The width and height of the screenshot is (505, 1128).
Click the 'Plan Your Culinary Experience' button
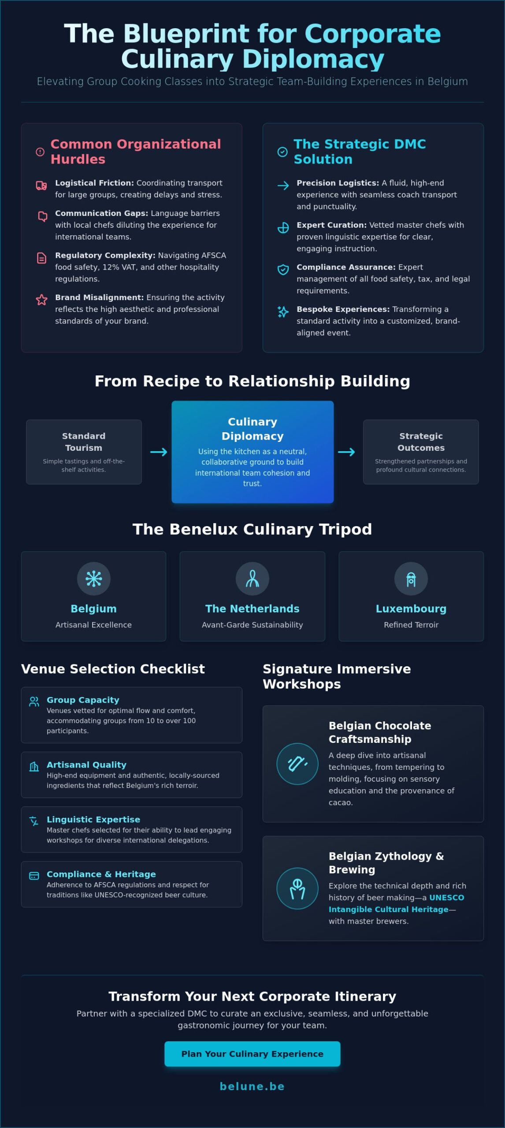pyautogui.click(x=252, y=1054)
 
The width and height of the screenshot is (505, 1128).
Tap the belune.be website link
pyautogui.click(x=252, y=1086)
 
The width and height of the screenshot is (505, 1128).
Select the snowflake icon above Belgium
pyautogui.click(x=94, y=579)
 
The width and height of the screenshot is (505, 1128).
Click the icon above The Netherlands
pyautogui.click(x=252, y=579)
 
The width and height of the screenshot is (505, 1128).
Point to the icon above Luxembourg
pyautogui.click(x=411, y=579)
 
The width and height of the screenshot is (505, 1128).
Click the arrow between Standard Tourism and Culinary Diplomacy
pyautogui.click(x=159, y=452)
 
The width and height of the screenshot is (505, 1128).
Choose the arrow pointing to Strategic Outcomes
pyautogui.click(x=346, y=452)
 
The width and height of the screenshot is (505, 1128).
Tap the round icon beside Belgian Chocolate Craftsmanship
pyautogui.click(x=297, y=764)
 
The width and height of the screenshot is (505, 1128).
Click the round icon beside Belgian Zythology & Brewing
pyautogui.click(x=297, y=888)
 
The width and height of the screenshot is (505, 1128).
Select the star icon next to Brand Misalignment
pyautogui.click(x=41, y=300)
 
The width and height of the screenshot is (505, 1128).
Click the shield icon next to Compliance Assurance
pyautogui.click(x=283, y=270)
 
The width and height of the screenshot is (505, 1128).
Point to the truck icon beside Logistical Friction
pyautogui.click(x=41, y=186)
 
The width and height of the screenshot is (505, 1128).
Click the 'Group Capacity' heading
pyautogui.click(x=83, y=700)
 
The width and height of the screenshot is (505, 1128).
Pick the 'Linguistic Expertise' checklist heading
pyautogui.click(x=93, y=819)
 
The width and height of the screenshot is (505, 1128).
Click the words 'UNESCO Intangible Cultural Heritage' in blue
pyautogui.click(x=397, y=903)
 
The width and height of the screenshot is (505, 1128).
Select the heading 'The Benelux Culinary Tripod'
pyautogui.click(x=252, y=529)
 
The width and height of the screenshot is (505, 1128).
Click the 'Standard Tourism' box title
pyautogui.click(x=84, y=442)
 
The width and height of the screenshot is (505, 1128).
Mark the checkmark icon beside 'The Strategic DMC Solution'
pyautogui.click(x=282, y=152)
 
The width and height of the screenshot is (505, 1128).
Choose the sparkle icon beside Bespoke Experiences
pyautogui.click(x=283, y=312)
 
